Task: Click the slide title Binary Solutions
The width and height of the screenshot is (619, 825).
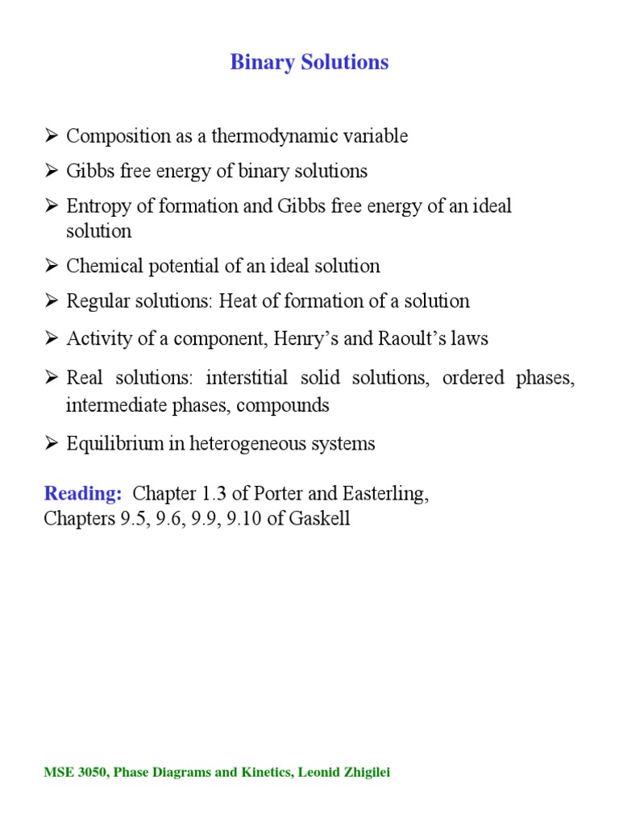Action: point(309,62)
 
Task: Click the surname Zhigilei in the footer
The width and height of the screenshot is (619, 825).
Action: point(364,773)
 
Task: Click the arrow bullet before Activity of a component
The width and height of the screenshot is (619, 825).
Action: point(52,339)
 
